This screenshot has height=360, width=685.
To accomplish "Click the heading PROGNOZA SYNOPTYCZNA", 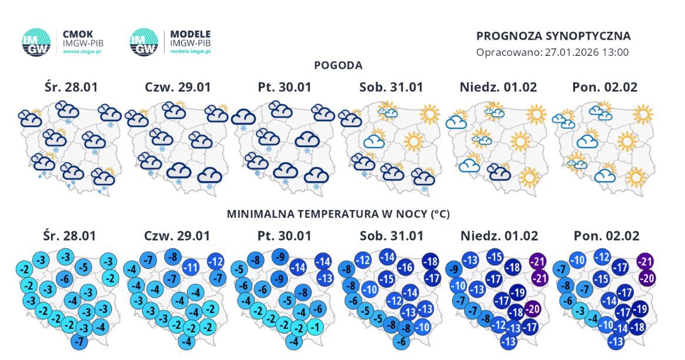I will (553, 36).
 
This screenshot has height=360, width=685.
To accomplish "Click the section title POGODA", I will (338, 65).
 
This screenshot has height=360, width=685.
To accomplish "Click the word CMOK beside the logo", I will (78, 34).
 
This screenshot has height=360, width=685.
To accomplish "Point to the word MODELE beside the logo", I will (190, 34).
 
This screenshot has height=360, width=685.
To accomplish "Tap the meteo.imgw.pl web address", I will (82, 51).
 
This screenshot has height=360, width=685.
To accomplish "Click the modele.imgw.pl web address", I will (191, 51).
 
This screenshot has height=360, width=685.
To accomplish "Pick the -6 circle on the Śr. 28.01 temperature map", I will (65, 278).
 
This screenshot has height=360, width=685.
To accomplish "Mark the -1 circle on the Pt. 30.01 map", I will (316, 327).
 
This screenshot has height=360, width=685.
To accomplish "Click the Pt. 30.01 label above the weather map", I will (284, 87).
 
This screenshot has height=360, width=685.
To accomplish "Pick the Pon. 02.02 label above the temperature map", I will (604, 236).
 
